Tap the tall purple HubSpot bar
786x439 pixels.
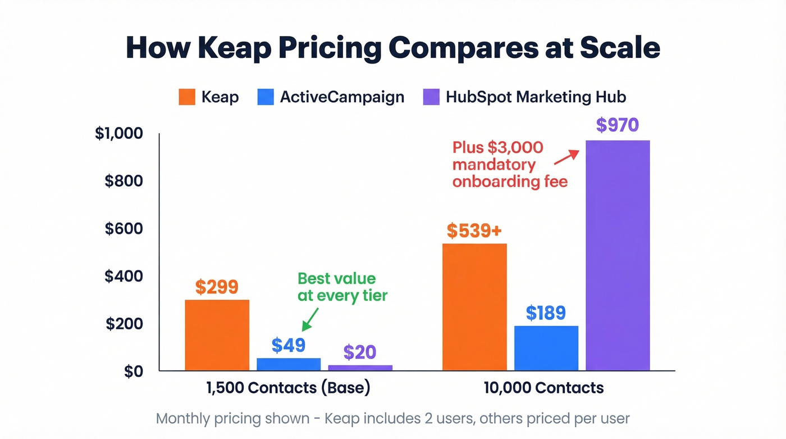click(x=618, y=256)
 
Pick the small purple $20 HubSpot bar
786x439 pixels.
click(x=360, y=368)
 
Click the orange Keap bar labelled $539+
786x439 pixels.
click(x=474, y=307)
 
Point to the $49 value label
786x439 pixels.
click(x=288, y=345)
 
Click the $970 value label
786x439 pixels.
click(x=617, y=124)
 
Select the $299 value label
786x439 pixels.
click(x=217, y=287)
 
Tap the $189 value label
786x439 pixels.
click(x=546, y=313)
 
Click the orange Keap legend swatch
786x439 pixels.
click(x=186, y=97)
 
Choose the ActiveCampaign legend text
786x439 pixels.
click(x=342, y=97)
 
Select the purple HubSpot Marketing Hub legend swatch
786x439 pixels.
click(x=430, y=97)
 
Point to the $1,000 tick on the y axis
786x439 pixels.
click(x=119, y=134)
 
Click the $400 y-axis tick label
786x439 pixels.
click(x=123, y=276)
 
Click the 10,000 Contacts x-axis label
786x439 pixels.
click(x=543, y=388)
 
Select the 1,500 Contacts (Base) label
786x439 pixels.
click(x=288, y=388)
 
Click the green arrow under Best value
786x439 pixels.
click(x=309, y=319)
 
